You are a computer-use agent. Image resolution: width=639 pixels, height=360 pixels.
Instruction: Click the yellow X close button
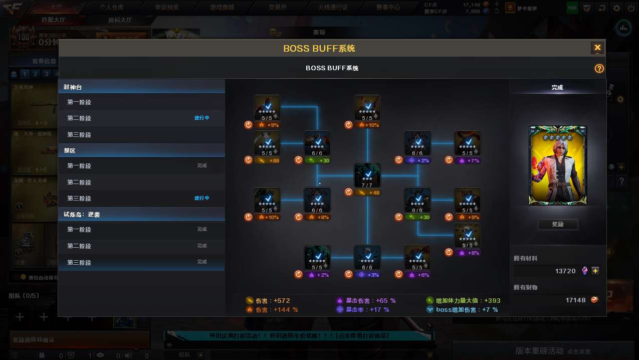[597, 48]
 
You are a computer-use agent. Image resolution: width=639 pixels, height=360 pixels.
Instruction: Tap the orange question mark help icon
[599, 69]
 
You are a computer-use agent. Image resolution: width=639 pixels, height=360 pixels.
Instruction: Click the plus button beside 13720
[595, 271]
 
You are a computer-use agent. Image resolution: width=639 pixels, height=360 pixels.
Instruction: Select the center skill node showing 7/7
[367, 176]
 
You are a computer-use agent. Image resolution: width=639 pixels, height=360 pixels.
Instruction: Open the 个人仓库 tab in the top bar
[111, 8]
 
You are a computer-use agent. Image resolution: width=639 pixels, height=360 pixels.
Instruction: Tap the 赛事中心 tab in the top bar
[388, 8]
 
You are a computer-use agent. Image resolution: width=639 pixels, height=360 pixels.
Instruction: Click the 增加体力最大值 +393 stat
[463, 301]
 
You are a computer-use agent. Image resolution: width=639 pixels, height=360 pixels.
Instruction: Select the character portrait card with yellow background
[557, 165]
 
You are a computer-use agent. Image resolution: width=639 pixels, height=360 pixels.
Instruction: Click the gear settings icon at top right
[616, 8]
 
